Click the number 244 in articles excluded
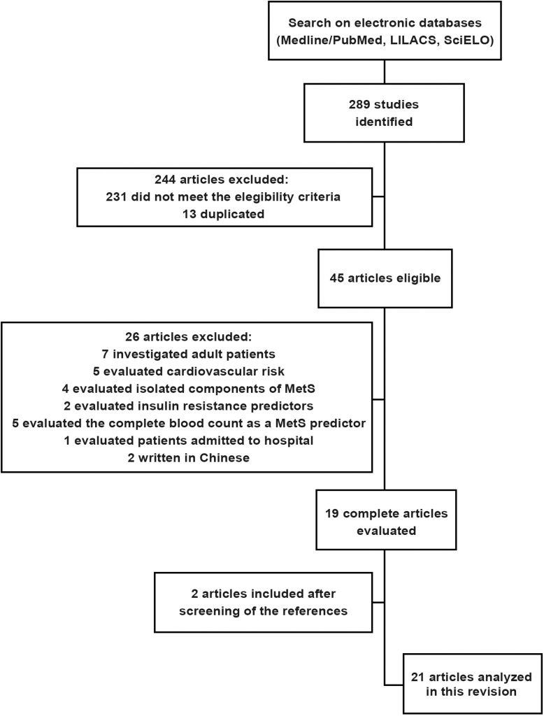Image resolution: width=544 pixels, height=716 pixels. point(165,180)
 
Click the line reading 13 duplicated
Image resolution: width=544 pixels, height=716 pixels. point(224,214)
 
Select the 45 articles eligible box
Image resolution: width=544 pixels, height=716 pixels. point(385,278)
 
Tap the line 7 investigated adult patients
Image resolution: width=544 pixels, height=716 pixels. point(188,354)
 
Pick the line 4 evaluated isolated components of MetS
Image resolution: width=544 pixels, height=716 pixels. point(189,389)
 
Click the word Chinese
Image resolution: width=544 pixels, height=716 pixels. point(224,457)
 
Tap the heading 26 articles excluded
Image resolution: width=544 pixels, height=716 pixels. point(188,337)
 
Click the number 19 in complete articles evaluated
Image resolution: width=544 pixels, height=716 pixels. point(331,513)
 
